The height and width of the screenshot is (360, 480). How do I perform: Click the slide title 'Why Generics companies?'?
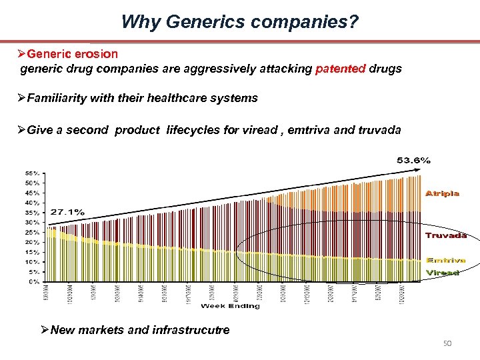(239, 22)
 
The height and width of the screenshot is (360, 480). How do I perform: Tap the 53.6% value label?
(413, 160)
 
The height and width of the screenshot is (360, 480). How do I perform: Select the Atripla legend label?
(442, 193)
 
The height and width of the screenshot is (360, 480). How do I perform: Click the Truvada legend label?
(445, 235)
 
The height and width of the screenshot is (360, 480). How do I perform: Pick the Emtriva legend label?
(445, 260)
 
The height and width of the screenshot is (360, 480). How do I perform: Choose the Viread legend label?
(443, 273)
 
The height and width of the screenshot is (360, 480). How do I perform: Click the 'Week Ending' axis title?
(230, 306)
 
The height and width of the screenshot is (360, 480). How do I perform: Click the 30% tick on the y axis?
(32, 223)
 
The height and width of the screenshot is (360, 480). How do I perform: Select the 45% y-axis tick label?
(32, 193)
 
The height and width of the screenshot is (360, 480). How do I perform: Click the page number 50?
(448, 343)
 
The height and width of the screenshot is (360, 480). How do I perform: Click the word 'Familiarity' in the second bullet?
(58, 98)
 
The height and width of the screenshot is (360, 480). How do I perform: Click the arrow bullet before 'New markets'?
(45, 330)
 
